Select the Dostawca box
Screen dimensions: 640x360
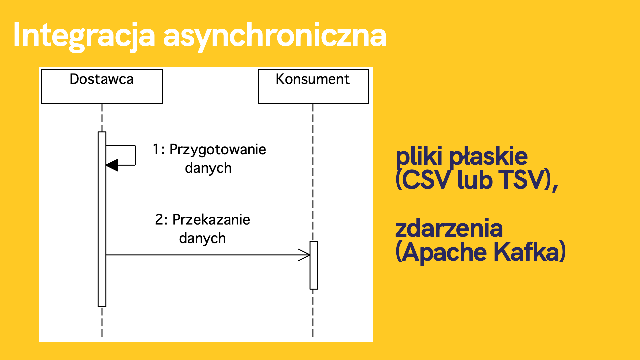(x=102, y=87)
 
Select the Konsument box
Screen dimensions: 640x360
(x=313, y=87)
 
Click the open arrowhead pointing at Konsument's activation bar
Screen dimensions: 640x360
(x=304, y=255)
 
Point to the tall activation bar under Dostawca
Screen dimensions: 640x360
(x=102, y=219)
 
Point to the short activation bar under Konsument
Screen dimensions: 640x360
(x=314, y=265)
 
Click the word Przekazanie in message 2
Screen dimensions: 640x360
(x=211, y=220)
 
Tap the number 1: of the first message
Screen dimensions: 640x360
(x=158, y=149)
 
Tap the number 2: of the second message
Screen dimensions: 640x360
(x=161, y=220)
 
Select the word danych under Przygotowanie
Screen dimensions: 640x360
(x=208, y=168)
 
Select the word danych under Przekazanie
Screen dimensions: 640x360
(x=202, y=238)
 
